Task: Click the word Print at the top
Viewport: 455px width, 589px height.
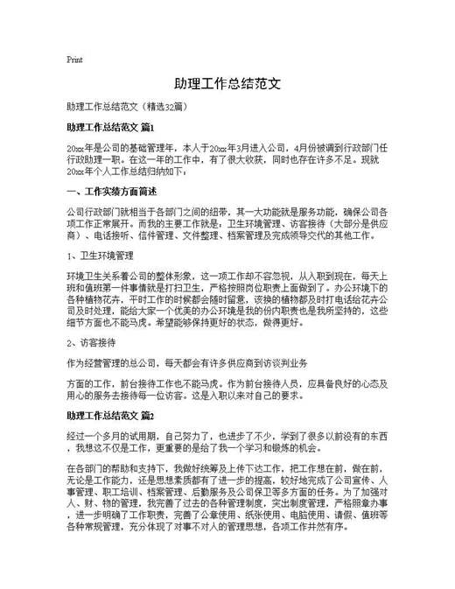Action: click(x=74, y=60)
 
